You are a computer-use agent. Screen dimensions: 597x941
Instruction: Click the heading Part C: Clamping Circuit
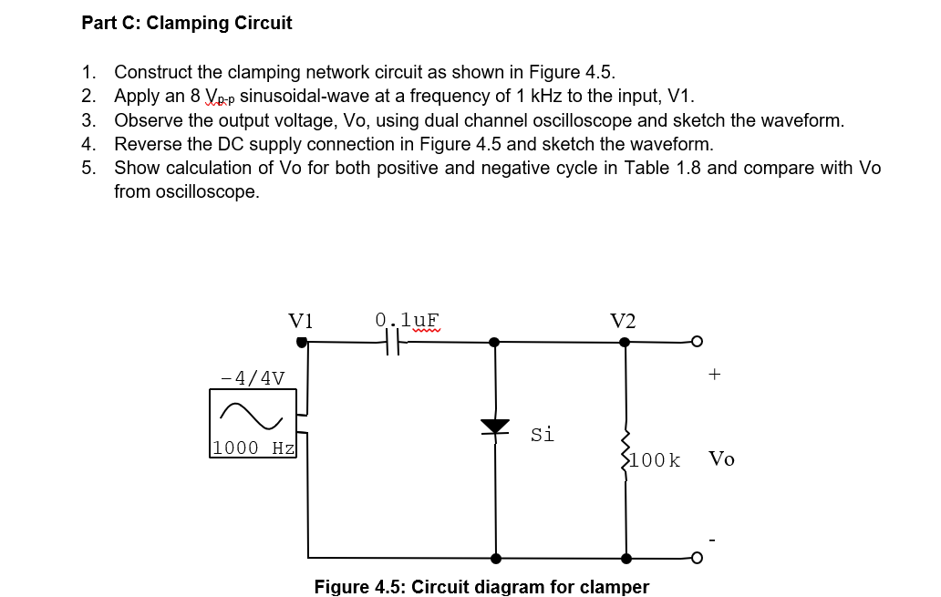[187, 24]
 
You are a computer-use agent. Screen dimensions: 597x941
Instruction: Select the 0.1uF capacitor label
[408, 320]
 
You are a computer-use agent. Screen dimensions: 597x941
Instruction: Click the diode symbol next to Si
[495, 427]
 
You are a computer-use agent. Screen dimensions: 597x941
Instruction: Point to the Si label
[542, 435]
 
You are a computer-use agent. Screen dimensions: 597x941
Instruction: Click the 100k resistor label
[655, 460]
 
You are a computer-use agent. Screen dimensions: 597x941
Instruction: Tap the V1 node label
[301, 321]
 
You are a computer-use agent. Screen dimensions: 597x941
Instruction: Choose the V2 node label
[624, 321]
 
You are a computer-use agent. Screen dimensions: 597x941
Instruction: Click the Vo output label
[721, 458]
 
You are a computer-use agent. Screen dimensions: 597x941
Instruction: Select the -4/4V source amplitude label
[253, 377]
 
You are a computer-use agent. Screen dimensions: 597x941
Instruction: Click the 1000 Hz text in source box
[253, 448]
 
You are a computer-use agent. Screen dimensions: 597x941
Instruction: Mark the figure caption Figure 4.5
[481, 586]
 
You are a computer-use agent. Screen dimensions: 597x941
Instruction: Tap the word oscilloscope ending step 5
[205, 191]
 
